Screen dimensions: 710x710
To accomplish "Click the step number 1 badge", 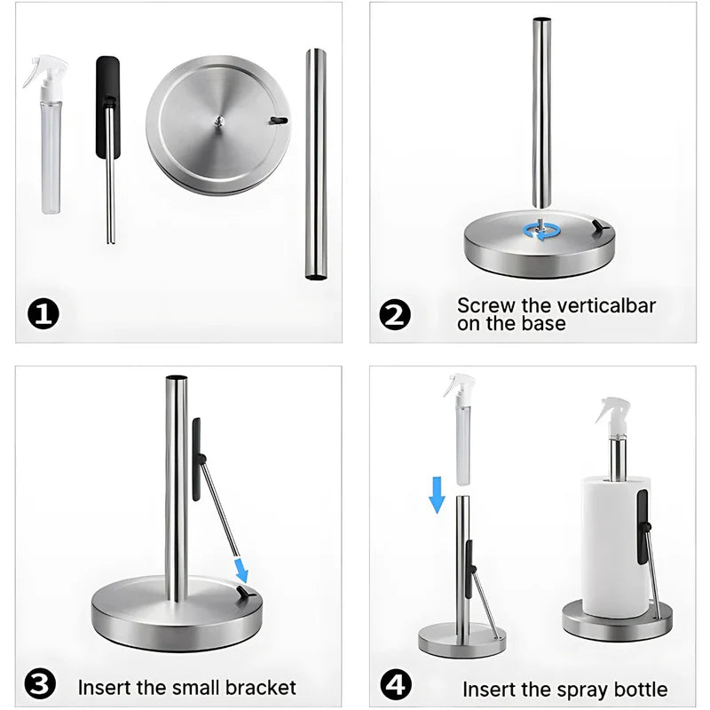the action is [43, 314].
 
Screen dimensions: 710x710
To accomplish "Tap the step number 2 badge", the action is [395, 315].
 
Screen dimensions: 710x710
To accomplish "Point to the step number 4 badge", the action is [396, 684].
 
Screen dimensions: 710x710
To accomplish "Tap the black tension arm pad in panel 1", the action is [107, 106].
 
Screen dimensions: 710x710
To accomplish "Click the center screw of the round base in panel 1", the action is [219, 120].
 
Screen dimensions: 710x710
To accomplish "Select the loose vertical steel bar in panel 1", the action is [316, 164].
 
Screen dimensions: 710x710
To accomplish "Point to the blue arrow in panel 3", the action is [241, 570].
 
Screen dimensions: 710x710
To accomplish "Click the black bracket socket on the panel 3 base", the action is [246, 592].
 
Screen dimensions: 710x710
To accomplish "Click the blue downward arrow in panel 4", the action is [437, 495].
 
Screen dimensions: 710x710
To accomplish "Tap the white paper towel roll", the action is [616, 547].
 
